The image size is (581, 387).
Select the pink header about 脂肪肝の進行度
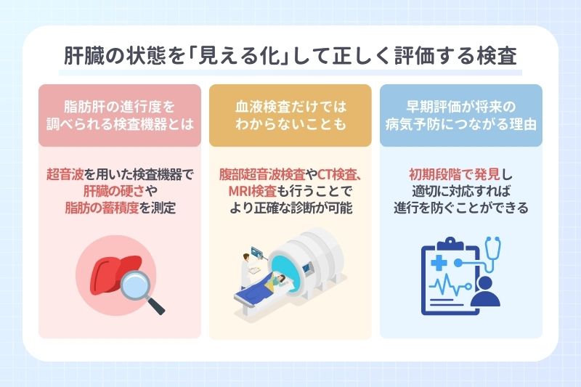point(119,115)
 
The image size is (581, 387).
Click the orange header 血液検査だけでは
point(290,115)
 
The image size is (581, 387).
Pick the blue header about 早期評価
point(461,115)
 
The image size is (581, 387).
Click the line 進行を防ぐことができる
point(461,208)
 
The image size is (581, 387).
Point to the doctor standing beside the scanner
point(246,272)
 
